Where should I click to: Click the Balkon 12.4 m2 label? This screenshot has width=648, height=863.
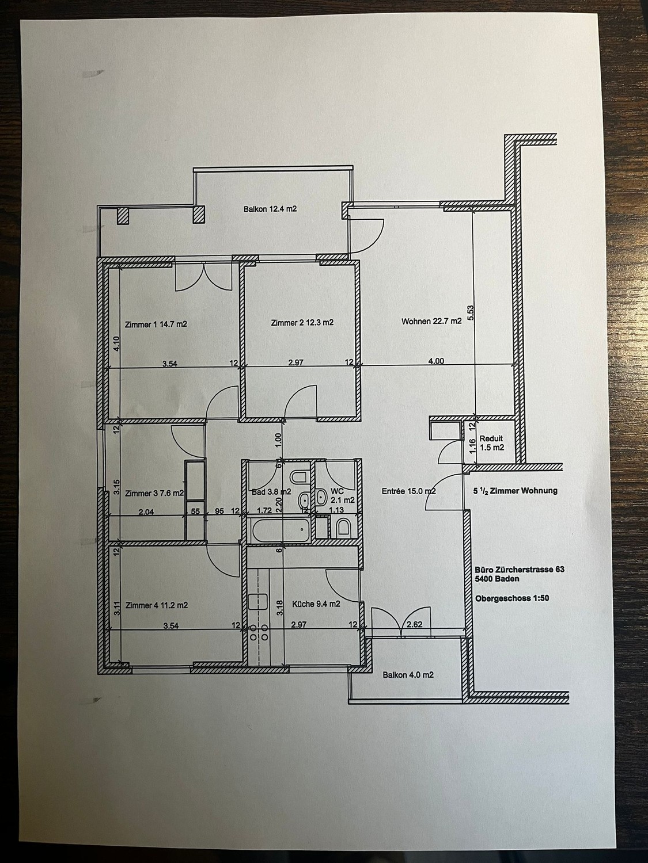pos(270,209)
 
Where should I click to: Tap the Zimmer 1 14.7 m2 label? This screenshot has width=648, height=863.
pos(156,324)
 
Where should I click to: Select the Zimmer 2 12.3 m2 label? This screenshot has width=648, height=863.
pos(302,323)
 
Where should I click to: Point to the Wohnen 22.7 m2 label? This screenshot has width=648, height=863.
pos(431,321)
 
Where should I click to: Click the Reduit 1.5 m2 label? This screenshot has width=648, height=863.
pos(491,442)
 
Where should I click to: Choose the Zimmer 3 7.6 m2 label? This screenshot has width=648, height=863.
pos(154,494)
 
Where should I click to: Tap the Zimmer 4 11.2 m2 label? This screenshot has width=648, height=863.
pos(156,605)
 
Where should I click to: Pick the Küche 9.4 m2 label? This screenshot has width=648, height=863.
pos(316,604)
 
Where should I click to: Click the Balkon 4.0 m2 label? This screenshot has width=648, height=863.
pos(408,675)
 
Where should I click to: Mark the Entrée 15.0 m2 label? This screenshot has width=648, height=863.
pos(408,491)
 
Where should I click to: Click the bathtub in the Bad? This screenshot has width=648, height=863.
pos(281,530)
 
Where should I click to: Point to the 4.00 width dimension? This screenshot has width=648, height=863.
pos(437,361)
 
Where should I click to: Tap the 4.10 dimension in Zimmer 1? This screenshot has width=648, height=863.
pos(116,343)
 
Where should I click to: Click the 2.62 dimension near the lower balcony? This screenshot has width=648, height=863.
pos(414,624)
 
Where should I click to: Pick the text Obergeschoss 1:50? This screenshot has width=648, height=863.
pos(512,598)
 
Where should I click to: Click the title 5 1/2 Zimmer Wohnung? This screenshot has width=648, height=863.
pos(516,490)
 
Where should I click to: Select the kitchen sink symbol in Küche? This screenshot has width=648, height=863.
pos(258,602)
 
